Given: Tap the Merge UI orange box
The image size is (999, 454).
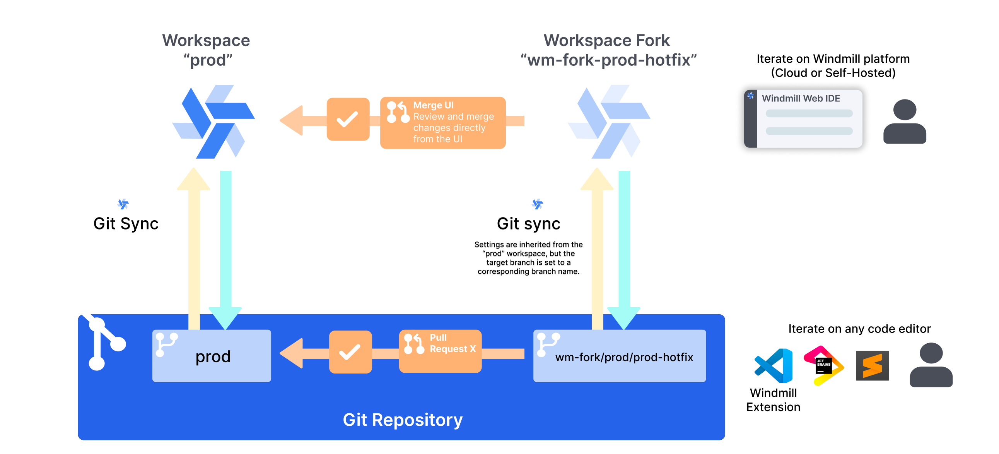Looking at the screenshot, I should tap(442, 123).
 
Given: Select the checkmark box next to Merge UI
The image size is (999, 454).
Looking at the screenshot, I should tap(348, 119).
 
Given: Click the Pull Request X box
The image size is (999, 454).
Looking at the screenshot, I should tap(440, 351).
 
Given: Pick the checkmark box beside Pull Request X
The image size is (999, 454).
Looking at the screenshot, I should tap(350, 352).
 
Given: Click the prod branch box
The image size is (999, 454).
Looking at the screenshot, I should tap(211, 356).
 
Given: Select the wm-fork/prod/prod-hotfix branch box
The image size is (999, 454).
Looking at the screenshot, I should tap(619, 356).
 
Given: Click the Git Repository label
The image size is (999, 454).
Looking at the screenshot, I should tap(403, 420).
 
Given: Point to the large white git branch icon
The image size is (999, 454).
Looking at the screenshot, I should tap(103, 343).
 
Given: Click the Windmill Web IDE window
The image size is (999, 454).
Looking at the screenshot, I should tap(803, 119).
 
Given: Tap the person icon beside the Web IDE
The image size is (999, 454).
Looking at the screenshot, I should tap(904, 122).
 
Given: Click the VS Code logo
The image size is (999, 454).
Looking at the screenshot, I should tap(773, 365).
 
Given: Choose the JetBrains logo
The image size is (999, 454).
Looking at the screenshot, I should tap(823, 365).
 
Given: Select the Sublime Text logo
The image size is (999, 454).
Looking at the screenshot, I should tap(872, 365).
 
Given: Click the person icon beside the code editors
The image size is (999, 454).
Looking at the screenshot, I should tap(931, 365).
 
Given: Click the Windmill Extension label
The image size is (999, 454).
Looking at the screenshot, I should tap(773, 400).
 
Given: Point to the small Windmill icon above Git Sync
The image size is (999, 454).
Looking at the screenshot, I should tap(123, 204).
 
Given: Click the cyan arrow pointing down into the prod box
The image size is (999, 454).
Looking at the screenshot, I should tap(226, 248).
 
